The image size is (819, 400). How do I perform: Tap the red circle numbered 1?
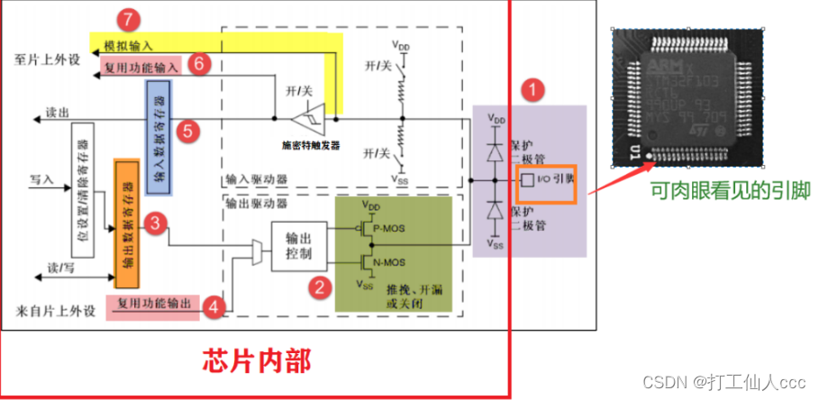[x=535, y=90]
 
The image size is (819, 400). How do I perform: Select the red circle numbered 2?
[x=317, y=288]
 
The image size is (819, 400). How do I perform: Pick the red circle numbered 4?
[x=212, y=305]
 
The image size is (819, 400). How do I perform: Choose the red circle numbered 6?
[x=201, y=63]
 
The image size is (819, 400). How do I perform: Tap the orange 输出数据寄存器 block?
[x=124, y=216]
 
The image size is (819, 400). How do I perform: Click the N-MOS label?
[x=388, y=263]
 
